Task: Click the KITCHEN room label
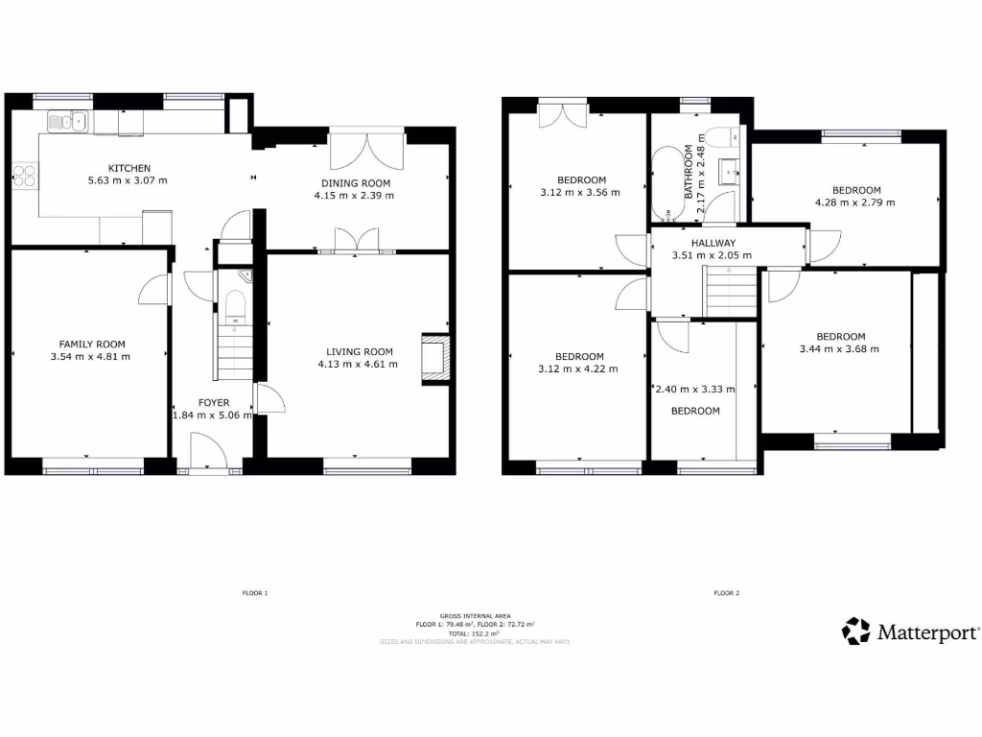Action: pos(129,168)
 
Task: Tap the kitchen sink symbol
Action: pos(67,121)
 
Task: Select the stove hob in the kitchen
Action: pos(24,177)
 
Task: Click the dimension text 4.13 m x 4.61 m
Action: pos(357,364)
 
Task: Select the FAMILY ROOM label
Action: pos(92,344)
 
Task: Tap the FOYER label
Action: pos(213,402)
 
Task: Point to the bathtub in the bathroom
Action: pos(664,183)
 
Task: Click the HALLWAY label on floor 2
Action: pos(713,243)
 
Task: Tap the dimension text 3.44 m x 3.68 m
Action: pos(839,348)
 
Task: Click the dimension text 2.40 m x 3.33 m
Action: pos(694,390)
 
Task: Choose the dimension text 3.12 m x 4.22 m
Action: pos(578,368)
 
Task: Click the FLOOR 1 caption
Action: pos(254,593)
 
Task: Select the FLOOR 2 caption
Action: pos(726,593)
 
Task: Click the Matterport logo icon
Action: pos(855,630)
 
